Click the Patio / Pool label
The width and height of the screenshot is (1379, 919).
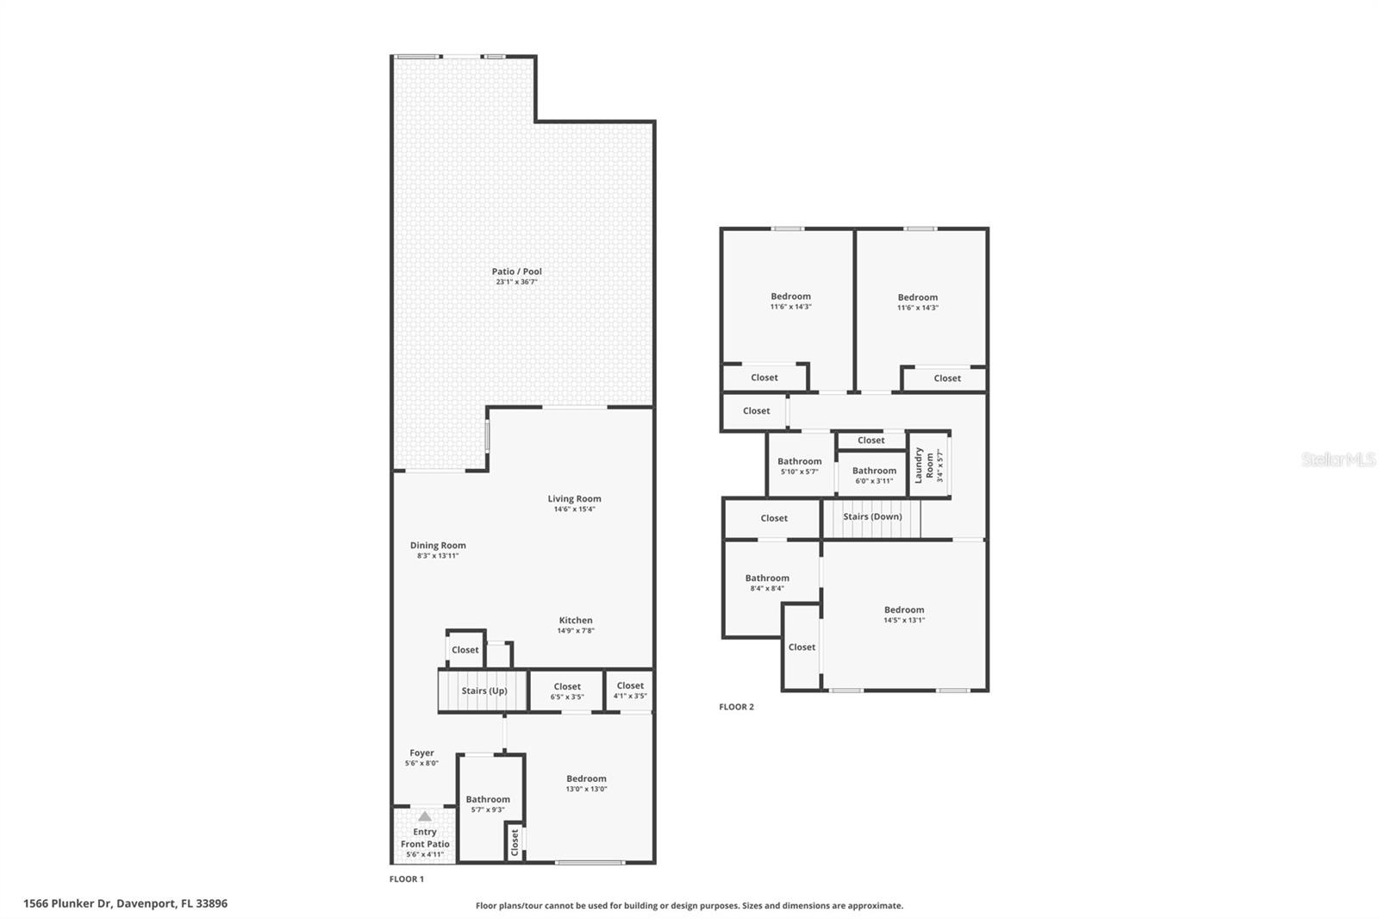click(x=516, y=272)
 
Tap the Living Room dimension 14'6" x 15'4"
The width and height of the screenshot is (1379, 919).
click(x=574, y=510)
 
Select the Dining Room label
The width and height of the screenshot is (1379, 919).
click(x=438, y=545)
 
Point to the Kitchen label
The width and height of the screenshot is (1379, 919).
click(x=575, y=620)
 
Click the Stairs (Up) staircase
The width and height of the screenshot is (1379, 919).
click(x=483, y=691)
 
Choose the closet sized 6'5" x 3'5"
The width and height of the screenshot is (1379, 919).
click(x=567, y=691)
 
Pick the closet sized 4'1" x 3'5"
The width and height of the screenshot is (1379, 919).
click(x=630, y=691)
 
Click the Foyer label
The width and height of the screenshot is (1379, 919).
click(x=421, y=753)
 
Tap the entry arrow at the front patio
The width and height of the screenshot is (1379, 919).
click(x=424, y=816)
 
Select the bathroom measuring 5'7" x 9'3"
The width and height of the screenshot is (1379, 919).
click(x=488, y=803)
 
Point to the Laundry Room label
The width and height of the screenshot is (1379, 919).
click(x=924, y=465)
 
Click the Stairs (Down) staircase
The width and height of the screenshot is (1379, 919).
click(x=871, y=517)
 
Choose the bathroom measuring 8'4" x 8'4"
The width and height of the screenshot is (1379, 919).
click(x=766, y=583)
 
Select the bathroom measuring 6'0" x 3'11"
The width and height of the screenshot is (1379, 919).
click(x=874, y=475)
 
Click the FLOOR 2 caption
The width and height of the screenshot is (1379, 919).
click(x=736, y=707)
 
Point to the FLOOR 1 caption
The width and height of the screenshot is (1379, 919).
click(x=407, y=879)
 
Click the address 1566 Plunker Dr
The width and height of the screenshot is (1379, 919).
click(x=125, y=903)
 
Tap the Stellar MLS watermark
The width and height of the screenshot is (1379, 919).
click(x=1338, y=459)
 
